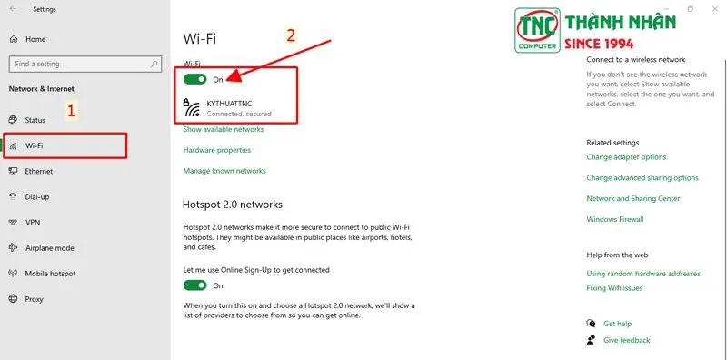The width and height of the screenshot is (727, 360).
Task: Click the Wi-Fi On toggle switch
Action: tap(194, 79)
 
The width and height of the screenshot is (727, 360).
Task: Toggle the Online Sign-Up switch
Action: tap(194, 285)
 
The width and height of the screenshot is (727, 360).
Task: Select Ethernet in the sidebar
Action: tap(38, 171)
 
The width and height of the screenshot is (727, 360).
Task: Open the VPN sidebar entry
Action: tap(33, 222)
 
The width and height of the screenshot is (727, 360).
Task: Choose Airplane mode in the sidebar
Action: tap(49, 247)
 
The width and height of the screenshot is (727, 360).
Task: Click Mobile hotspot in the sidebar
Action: tap(50, 273)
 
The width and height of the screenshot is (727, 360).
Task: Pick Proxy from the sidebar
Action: tap(34, 298)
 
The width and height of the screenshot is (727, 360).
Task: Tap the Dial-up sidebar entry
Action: tap(37, 196)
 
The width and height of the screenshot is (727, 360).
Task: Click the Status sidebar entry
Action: tap(35, 120)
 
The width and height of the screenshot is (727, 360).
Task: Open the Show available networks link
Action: tap(224, 130)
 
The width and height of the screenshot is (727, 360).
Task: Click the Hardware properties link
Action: tap(216, 150)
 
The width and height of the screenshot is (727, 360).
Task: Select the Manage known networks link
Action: tap(224, 171)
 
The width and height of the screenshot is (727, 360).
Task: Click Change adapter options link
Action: tap(626, 157)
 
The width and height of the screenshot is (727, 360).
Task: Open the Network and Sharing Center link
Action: tap(632, 198)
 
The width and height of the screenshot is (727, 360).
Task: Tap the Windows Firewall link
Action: tap(615, 219)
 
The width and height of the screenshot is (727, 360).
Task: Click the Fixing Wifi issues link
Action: tap(614, 288)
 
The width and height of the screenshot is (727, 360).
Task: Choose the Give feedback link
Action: tap(626, 340)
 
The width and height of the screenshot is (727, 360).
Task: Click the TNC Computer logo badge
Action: tap(537, 31)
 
